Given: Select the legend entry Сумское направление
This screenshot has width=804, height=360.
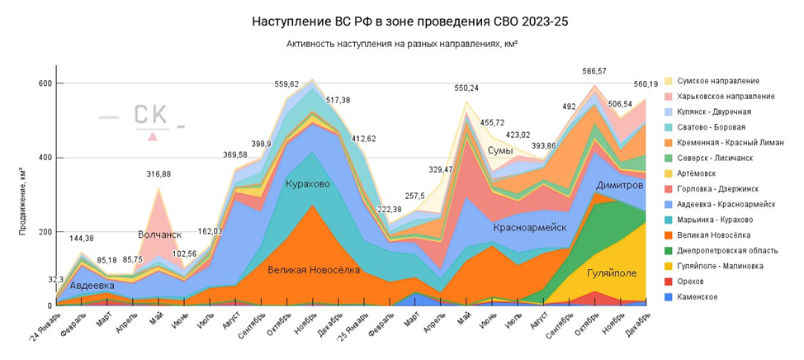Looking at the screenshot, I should [x=717, y=81].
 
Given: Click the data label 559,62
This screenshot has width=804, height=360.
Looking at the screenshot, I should [x=288, y=83].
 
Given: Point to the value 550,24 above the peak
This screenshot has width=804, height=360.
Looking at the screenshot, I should [x=466, y=88].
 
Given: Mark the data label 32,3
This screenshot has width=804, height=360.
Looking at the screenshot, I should [x=56, y=280].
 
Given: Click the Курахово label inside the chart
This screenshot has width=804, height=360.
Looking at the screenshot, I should [x=308, y=183].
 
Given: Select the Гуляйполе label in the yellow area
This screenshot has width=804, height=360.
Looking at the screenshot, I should [x=612, y=272].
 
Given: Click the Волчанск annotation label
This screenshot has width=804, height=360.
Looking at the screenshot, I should [x=159, y=234].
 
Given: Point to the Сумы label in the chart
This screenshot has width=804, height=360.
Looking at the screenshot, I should [x=501, y=150].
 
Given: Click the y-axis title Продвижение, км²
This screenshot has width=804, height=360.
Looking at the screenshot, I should [x=21, y=199].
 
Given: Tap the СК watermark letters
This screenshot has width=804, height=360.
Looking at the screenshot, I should [x=150, y=116].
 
